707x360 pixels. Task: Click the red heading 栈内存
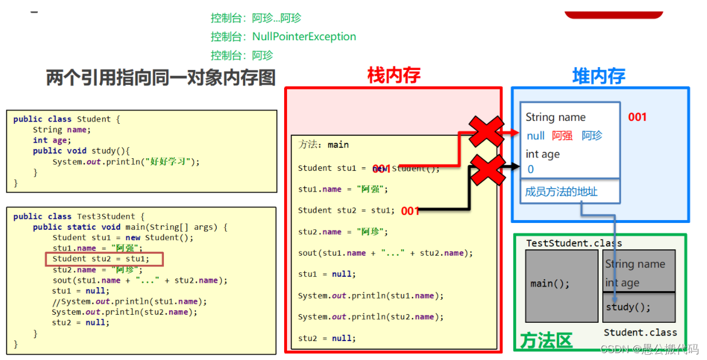pos(394,75)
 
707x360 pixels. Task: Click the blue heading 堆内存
pos(599,76)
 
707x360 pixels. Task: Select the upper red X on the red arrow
pos(486,131)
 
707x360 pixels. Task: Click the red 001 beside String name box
pos(637,117)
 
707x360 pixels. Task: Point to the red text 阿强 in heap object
pos(562,136)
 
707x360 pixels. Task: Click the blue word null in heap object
pos(535,136)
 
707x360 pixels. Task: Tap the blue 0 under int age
pos(531,169)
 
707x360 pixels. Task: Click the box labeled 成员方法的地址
pos(569,191)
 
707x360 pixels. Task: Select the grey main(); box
pos(561,285)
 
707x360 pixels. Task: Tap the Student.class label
pos(640,332)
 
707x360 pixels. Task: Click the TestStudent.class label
pos(574,243)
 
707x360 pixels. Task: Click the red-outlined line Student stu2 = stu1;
pos(104,259)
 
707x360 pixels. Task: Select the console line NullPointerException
pos(283,37)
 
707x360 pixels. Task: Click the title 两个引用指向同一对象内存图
pos(161,77)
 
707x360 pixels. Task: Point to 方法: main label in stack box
pos(324,144)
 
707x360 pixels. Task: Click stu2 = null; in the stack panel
pos(327,338)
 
